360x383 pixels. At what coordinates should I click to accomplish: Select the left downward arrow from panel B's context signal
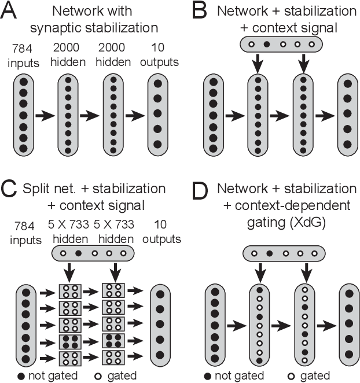(x=255, y=65)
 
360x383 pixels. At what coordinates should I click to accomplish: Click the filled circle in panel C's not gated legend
(x=21, y=375)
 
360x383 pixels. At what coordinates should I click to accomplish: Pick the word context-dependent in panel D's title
(x=285, y=204)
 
